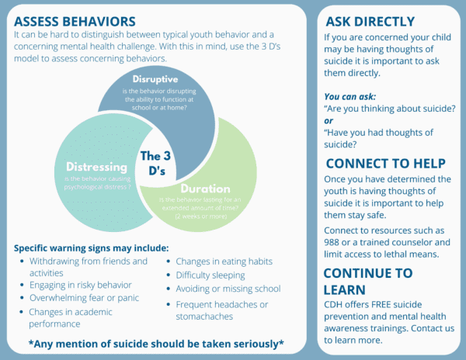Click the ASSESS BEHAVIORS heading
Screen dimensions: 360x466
click(75, 19)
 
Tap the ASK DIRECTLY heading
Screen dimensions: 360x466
click(370, 22)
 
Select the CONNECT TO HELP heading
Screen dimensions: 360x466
click(385, 163)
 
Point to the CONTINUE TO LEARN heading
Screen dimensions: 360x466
click(368, 280)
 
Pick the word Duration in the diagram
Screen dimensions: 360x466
click(205, 188)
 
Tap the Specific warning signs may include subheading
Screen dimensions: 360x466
click(91, 248)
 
